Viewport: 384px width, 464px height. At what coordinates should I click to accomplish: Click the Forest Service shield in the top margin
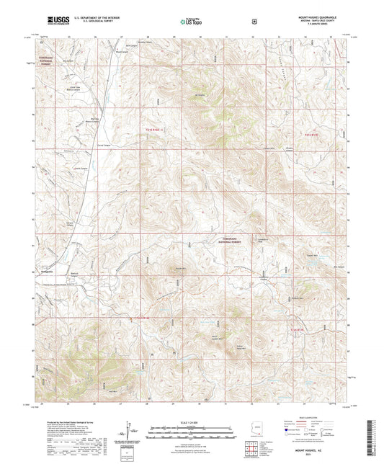pos(254,22)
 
